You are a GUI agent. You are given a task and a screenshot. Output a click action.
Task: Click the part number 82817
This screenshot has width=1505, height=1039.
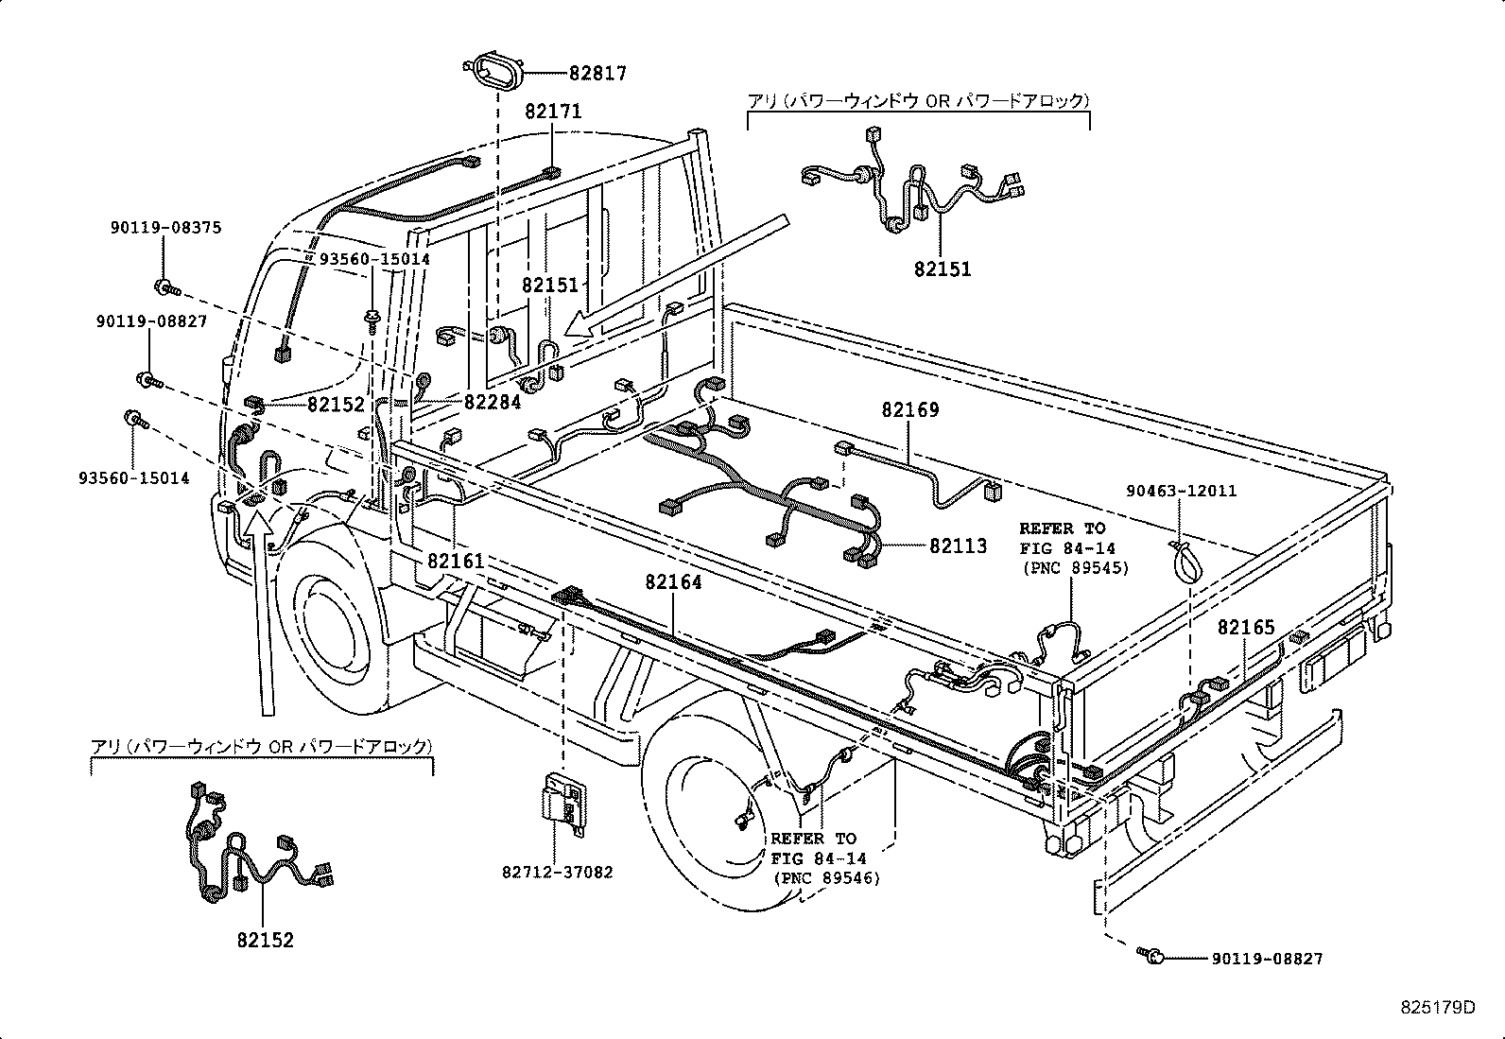[x=597, y=74]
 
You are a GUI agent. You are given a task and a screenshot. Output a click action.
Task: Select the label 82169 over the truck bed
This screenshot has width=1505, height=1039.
[x=909, y=410]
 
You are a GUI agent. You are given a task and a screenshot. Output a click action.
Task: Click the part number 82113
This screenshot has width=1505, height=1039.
[x=958, y=545]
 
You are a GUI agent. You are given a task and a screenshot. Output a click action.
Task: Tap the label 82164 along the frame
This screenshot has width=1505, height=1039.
[x=673, y=582]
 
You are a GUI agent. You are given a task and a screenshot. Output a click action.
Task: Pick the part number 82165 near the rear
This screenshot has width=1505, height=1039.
[x=1245, y=627]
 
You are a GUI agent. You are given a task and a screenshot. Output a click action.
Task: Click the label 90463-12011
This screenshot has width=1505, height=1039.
[x=1181, y=491]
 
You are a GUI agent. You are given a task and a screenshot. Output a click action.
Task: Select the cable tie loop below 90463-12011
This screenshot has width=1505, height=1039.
[x=1183, y=562]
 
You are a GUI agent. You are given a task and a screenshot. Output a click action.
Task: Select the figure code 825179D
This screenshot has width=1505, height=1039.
[x=1438, y=1007]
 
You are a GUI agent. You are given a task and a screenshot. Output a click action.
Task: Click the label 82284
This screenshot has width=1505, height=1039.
[x=492, y=402]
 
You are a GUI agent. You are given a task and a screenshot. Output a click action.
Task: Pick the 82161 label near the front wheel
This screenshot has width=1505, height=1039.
[x=455, y=561]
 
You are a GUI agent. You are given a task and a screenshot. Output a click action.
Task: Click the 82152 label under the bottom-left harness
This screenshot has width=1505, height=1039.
[x=265, y=940]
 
